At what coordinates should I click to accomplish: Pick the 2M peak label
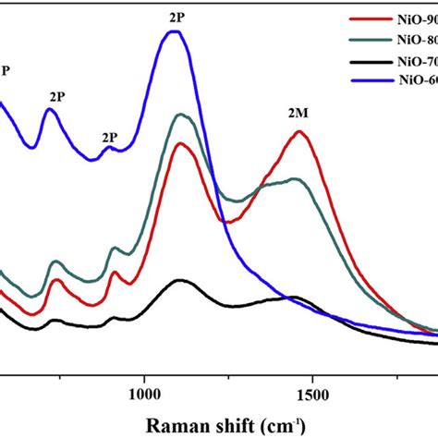(x=298, y=112)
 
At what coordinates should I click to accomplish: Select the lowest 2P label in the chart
(x=110, y=139)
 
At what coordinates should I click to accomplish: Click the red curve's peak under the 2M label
(x=298, y=131)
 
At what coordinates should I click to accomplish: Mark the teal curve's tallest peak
(x=183, y=115)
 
